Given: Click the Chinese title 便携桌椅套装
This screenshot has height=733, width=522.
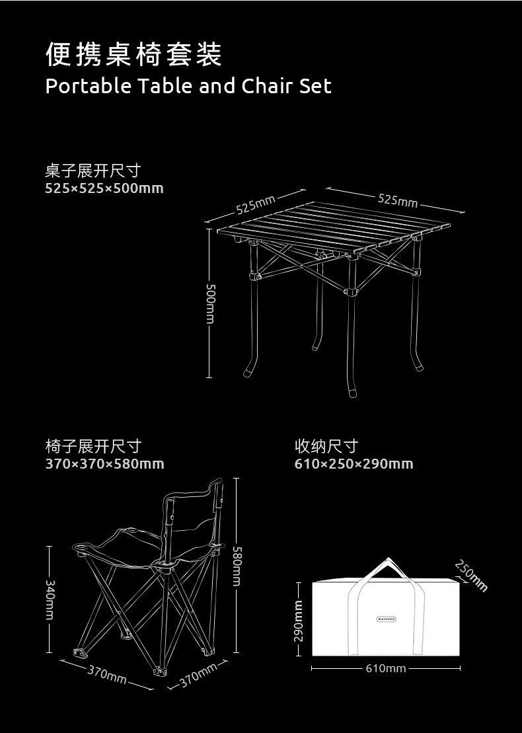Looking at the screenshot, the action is [133, 55].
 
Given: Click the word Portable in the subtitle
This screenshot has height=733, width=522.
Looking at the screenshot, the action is [88, 86].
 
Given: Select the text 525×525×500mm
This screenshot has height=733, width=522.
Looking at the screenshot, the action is [104, 188].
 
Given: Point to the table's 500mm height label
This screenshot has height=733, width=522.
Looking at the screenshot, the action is [210, 303].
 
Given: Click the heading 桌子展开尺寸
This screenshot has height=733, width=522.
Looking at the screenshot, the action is [93, 171].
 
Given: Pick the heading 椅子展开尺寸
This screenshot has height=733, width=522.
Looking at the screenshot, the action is [93, 447].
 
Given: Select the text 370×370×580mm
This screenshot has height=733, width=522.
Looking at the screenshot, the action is [104, 464].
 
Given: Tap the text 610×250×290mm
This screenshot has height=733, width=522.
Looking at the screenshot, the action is [354, 464].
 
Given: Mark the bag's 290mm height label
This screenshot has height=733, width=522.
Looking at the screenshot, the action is [298, 620].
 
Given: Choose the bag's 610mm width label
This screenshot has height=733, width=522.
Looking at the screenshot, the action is [386, 669].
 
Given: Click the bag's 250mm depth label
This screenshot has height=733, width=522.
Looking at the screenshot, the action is [471, 575].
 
